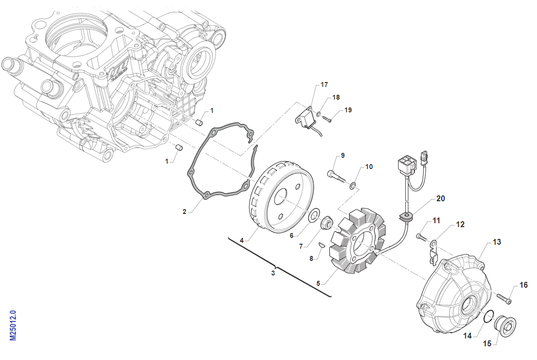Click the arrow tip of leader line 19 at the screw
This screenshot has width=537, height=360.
tap(331, 119)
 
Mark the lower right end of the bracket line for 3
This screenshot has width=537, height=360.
tap(331, 296)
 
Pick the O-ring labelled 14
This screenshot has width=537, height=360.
tap(488, 317)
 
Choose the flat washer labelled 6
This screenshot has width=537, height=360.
tap(313, 216)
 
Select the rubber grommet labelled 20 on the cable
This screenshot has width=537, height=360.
tap(407, 217)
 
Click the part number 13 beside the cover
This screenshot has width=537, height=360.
tap(497, 242)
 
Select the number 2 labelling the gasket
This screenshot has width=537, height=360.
tap(184, 212)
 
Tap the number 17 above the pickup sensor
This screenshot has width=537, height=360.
tap(324, 85)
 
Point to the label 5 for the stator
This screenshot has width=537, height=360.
tap(318, 283)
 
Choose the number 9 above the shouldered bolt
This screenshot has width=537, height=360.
tap(343, 156)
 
